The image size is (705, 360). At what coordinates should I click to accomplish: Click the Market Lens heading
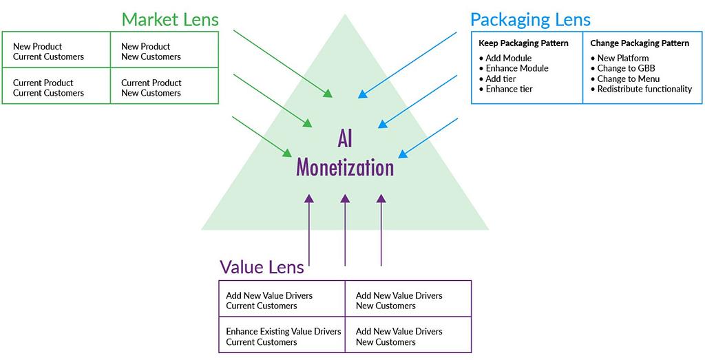[x=170, y=20]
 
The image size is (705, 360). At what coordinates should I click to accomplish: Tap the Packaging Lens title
[x=530, y=20]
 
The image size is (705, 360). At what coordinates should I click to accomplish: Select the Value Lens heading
[x=262, y=267]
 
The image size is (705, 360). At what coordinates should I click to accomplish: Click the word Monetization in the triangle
[x=345, y=167]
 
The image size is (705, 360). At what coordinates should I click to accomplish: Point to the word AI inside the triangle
[x=345, y=140]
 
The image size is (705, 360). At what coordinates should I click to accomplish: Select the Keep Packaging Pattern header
[x=523, y=43]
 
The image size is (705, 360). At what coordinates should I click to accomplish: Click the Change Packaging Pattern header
[x=640, y=43]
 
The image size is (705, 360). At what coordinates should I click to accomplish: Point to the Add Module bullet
[x=505, y=58]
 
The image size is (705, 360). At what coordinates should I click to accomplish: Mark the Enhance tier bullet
[x=505, y=89]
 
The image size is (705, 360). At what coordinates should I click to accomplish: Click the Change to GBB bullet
[x=622, y=68]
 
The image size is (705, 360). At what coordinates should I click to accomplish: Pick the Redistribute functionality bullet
[x=641, y=89]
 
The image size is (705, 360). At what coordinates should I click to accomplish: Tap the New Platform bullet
[x=620, y=58]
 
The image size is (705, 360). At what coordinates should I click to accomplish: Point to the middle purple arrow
[x=345, y=230]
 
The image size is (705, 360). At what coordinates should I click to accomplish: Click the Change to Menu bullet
[x=625, y=78]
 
